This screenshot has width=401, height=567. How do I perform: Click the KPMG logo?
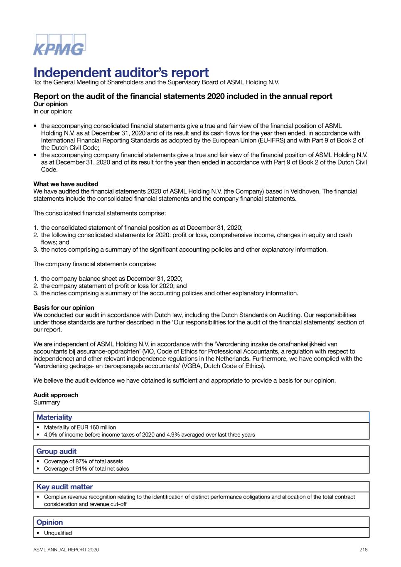tap(59, 45)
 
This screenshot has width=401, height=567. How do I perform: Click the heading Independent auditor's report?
tap(121, 72)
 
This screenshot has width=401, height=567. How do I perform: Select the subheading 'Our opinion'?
tap(50, 104)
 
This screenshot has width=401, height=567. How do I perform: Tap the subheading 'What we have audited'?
tap(66, 184)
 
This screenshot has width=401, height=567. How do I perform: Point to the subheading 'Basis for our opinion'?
tap(64, 308)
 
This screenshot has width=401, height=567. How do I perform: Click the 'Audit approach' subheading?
tap(56, 395)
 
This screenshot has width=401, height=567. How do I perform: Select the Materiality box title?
tap(54, 417)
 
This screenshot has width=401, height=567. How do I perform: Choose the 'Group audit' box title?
tap(56, 452)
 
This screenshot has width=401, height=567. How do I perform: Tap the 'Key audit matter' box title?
tap(64, 487)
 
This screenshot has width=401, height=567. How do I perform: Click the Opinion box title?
tap(49, 523)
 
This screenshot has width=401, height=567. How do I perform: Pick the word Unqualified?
tap(58, 533)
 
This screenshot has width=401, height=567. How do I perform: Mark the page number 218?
tap(364, 550)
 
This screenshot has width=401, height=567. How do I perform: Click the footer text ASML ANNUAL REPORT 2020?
tap(66, 550)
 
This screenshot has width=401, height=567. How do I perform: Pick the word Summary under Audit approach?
tap(47, 402)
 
